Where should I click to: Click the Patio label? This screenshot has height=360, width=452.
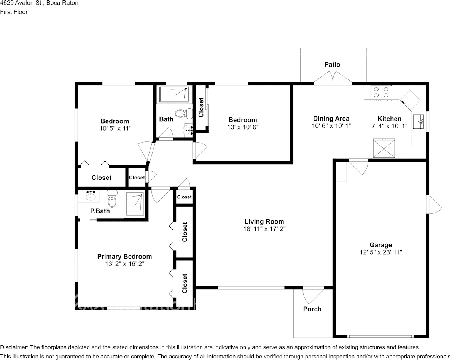[x=333, y=65]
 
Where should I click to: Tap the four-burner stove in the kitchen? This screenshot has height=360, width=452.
[x=381, y=93]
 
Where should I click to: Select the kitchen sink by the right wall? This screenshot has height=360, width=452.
[x=419, y=122]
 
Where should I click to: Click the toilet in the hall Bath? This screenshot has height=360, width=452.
[x=184, y=113]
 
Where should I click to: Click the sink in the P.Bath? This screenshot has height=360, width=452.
[x=91, y=196]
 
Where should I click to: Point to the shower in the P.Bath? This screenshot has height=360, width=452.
[x=134, y=204]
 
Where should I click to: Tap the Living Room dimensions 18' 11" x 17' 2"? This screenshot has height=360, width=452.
[x=264, y=229]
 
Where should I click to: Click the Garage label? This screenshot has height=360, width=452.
[x=381, y=245]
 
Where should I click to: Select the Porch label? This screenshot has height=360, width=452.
[x=312, y=309]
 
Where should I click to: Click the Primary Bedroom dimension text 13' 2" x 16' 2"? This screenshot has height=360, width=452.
[x=124, y=264]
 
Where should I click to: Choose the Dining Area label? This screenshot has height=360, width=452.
[x=331, y=118]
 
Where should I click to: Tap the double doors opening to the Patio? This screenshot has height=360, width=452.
[x=333, y=78]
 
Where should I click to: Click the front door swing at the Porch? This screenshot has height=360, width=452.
[x=314, y=296]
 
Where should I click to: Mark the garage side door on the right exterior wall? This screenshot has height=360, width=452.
[x=434, y=204]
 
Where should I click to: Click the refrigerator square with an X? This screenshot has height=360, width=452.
[x=384, y=148]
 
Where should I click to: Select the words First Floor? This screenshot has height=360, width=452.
[x=14, y=12]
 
